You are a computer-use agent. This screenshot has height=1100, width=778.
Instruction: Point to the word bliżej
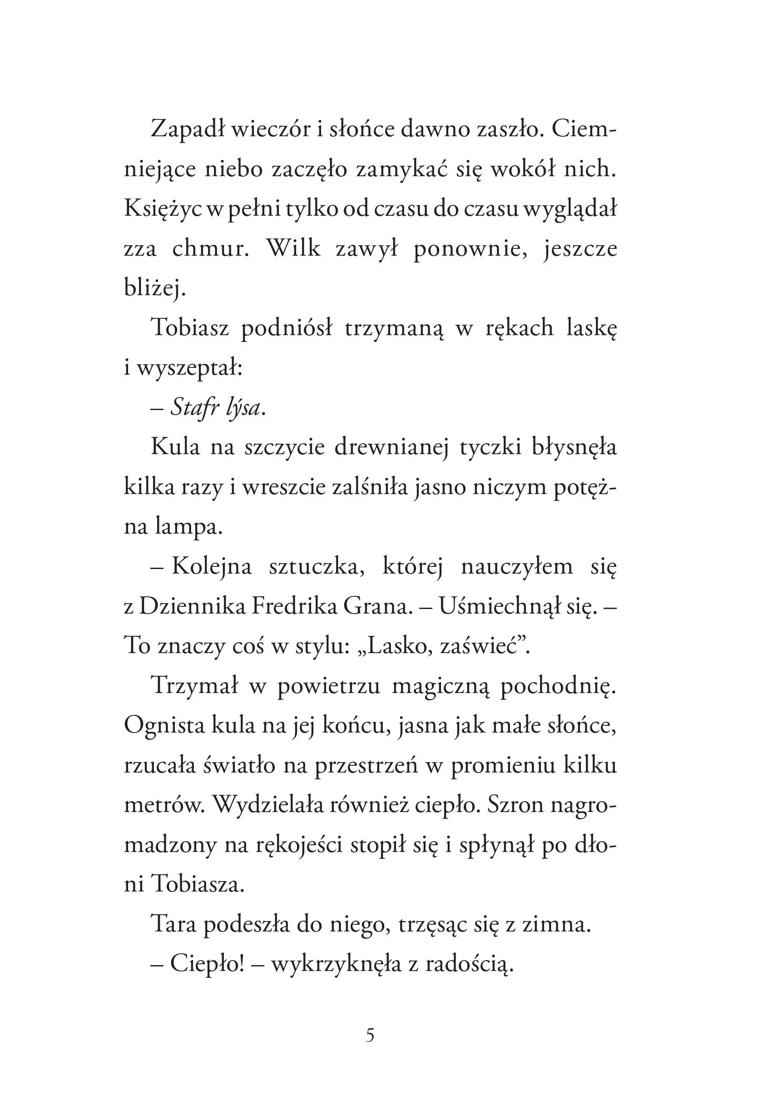point(154,288)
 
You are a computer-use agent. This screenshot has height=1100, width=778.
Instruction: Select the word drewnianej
point(391,447)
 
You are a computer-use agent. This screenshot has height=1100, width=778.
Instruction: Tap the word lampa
point(189,527)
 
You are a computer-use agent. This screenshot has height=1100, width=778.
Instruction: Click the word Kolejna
point(211,567)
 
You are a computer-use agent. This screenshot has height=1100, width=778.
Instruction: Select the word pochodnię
point(558,686)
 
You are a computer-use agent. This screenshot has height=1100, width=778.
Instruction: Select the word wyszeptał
point(190,368)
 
